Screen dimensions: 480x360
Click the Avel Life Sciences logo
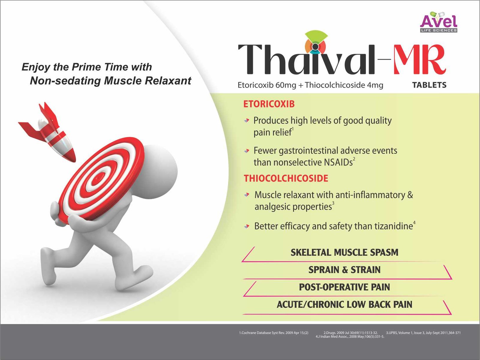pyautogui.click(x=439, y=22)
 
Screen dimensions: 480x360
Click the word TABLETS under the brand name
pyautogui.click(x=429, y=85)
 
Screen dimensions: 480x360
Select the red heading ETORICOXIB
pyautogui.click(x=269, y=104)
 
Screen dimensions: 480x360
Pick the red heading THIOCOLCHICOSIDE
pyautogui.click(x=286, y=178)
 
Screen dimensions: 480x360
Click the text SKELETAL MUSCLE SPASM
pyautogui.click(x=344, y=253)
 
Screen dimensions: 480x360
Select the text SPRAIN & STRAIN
pyautogui.click(x=344, y=270)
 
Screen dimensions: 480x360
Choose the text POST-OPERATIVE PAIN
pyautogui.click(x=344, y=287)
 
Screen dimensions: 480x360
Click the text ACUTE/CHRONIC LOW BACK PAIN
pyautogui.click(x=344, y=304)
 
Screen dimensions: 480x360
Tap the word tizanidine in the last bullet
pyautogui.click(x=393, y=226)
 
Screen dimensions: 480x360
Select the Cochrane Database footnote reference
pyautogui.click(x=274, y=333)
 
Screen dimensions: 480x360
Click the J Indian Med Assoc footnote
pyautogui.click(x=350, y=337)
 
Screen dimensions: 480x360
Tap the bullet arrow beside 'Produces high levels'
pyautogui.click(x=247, y=120)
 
